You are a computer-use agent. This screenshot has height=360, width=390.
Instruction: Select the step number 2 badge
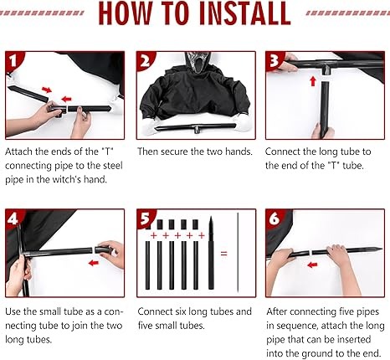146,61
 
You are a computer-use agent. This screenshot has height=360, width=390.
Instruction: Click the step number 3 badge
275,61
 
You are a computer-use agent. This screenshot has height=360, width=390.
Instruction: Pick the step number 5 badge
146,219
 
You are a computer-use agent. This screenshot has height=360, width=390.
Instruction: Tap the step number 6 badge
275,219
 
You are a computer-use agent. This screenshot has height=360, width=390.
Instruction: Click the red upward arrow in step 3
313,81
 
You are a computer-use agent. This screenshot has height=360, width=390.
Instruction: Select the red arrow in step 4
94,263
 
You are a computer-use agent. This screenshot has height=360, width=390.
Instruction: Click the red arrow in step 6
312,265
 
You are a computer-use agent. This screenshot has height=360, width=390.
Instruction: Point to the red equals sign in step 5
223,254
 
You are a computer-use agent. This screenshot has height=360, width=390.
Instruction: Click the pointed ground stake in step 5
211,253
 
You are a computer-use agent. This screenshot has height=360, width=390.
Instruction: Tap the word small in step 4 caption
50,311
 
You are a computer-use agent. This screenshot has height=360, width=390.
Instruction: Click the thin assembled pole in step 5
238,253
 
